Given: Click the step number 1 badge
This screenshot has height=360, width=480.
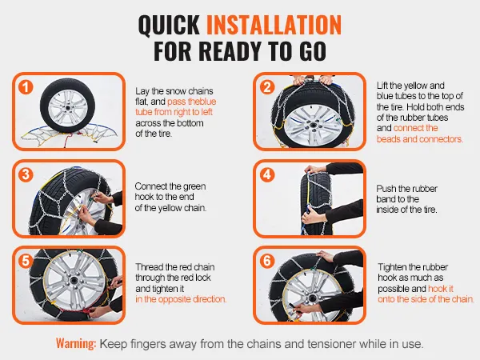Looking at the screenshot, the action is coord(26,87).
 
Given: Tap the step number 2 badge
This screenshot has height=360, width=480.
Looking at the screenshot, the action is coord(267,87).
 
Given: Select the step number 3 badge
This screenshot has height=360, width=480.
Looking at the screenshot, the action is coord(26,174).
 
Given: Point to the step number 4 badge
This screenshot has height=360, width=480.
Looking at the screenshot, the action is coord(267,174).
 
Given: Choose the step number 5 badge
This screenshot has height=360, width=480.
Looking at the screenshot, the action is coord(26,261).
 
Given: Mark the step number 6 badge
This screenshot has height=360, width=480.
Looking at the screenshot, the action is coord(267,261).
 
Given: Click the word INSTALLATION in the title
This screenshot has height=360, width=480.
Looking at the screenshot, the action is coord(274,25).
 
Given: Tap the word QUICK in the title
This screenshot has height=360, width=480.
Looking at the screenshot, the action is coord(170,25).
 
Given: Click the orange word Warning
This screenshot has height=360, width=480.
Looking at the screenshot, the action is coord(76,343).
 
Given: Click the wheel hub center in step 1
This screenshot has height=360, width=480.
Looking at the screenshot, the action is coord(67,108).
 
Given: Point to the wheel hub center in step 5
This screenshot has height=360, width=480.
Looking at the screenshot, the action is coord(74,281).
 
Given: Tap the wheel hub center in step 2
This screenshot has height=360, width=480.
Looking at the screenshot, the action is coord(314,126).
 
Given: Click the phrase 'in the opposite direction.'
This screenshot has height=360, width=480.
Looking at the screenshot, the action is coord(181,299).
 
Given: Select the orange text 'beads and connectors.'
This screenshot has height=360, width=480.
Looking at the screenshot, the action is coord(420,139).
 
